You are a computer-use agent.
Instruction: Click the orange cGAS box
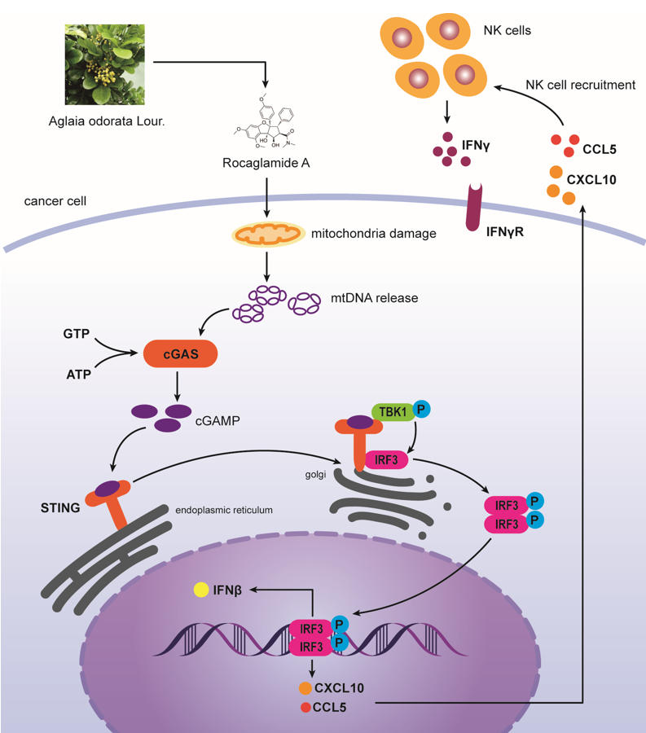pos(180,353)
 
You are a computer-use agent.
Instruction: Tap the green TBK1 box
pos(393,412)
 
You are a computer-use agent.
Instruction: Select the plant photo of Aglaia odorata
pos(105,64)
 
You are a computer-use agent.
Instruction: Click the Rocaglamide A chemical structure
pos(265,121)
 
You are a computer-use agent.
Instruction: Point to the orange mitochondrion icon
pos(267,234)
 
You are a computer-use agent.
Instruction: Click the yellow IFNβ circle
pos(201,590)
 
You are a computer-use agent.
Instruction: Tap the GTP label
pos(77,334)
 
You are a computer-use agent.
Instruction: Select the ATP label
pos(78,375)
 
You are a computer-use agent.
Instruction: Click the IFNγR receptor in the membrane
pos(474,207)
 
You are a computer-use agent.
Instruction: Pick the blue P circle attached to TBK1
pos(421,410)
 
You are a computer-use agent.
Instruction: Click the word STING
pos(60,507)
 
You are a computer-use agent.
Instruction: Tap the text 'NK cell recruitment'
pos(581,85)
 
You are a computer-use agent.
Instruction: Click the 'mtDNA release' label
pos(375,298)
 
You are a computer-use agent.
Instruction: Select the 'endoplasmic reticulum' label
pos(224,510)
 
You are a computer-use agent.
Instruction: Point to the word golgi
pos(315,475)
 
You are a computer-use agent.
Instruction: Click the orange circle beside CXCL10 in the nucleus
pos(305,688)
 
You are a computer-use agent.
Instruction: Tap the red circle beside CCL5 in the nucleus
pos(305,707)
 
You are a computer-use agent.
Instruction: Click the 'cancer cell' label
pos(55,201)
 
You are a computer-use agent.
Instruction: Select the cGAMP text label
pos(218,421)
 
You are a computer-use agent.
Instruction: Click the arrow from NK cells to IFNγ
pos(447,112)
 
